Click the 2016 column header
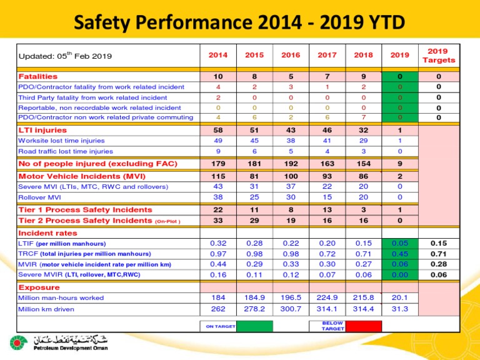click(290, 55)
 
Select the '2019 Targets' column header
click(439, 55)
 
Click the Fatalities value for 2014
click(217, 77)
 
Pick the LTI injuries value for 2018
click(363, 131)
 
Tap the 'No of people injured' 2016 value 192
click(290, 164)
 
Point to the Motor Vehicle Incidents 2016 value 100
click(290, 177)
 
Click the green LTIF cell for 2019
click(400, 243)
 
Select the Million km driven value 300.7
click(290, 309)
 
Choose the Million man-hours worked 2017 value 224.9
click(327, 298)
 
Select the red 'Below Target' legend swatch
click(364, 326)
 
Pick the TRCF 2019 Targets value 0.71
click(439, 254)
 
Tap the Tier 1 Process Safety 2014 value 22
click(217, 210)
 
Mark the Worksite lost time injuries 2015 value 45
click(254, 141)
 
